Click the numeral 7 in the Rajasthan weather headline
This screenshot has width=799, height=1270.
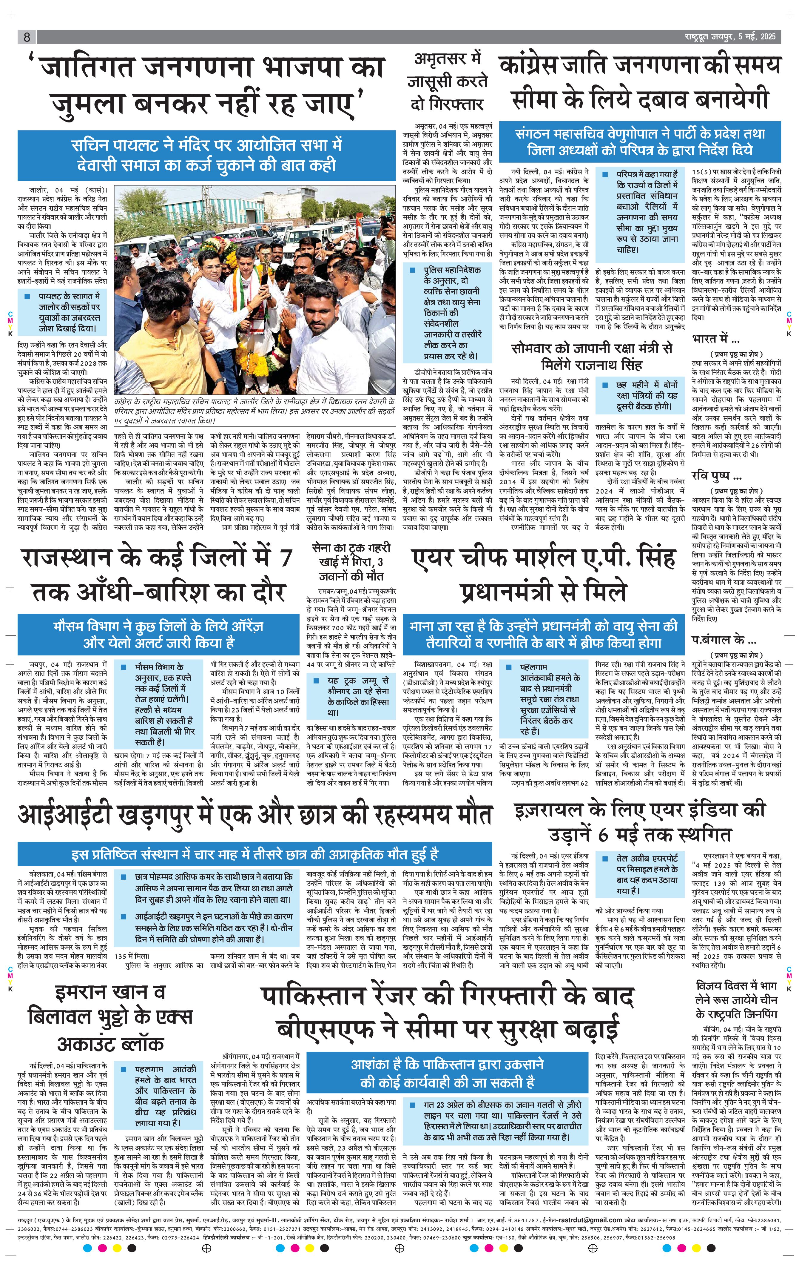285,558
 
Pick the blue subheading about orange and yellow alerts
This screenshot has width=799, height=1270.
158,635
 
